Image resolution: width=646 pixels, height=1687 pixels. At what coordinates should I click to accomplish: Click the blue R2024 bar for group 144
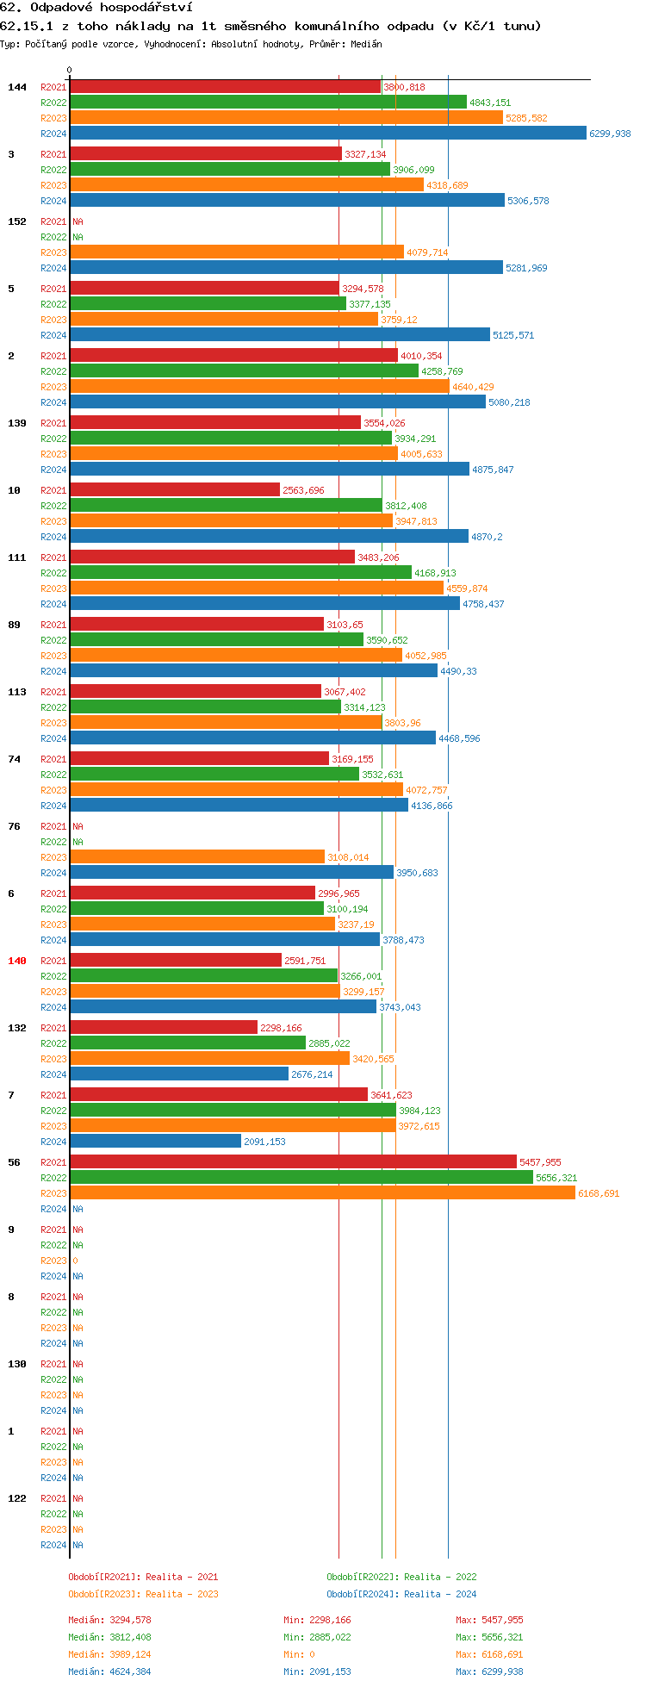pos(327,134)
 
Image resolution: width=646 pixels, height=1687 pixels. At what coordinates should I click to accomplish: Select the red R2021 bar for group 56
pos(293,1162)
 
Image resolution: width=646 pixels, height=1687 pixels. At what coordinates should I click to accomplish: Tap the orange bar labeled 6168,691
pos(322,1193)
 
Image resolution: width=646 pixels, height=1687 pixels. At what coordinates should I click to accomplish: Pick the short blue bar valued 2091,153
pos(155,1142)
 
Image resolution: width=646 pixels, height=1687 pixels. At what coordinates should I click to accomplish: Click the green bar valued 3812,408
pos(226,506)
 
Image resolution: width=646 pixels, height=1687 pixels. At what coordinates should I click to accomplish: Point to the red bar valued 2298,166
pos(164,1028)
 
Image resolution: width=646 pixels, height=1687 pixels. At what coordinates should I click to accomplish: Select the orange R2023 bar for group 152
pos(237,252)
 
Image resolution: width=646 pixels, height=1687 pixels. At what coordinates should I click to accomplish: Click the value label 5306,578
pos(528,201)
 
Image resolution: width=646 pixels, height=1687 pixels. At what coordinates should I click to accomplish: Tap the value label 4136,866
pos(432,806)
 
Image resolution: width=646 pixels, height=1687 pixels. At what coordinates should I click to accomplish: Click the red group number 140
pos(17,961)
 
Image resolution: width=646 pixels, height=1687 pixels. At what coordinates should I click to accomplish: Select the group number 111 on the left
pos(17,557)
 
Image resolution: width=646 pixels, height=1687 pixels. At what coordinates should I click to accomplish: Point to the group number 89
pos(14,625)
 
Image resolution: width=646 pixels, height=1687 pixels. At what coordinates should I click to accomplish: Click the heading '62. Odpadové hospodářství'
pos(96,8)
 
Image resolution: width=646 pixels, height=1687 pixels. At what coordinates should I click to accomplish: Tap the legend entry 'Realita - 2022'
pos(401,1577)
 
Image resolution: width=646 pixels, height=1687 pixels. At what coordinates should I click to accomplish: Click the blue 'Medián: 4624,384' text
pos(109,1671)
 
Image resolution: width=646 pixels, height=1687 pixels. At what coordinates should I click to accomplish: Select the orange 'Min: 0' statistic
pos(306,1654)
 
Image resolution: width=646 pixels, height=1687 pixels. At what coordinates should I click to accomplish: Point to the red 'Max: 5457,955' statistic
pos(489,1620)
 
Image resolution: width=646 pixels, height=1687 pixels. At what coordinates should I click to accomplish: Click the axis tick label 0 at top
pos(70,71)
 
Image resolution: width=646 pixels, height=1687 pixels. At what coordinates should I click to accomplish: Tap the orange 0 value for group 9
pos(75,1261)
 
